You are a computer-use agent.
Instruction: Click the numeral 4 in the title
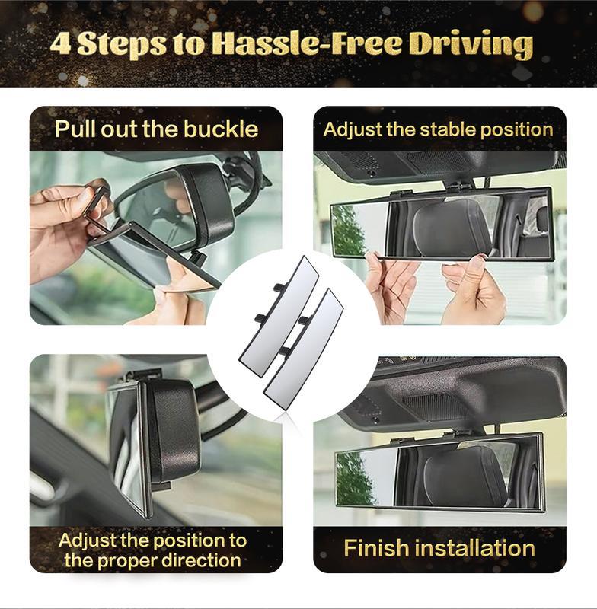[x=61, y=43]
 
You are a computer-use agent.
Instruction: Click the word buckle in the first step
[x=221, y=129]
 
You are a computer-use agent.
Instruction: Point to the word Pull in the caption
[x=75, y=129]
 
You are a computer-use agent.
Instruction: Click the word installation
[x=475, y=548]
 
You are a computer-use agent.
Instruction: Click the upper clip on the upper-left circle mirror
[x=279, y=287]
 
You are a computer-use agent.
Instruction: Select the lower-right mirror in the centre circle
[x=302, y=349]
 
